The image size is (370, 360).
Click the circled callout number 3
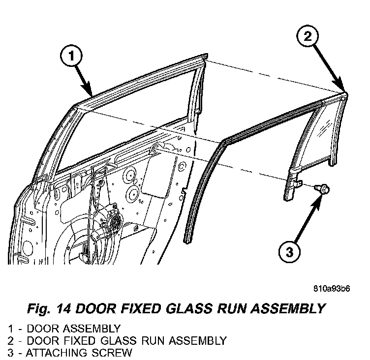289,253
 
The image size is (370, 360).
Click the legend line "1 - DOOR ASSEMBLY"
64,328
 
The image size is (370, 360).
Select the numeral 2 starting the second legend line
10,340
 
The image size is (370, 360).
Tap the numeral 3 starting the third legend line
10,352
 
